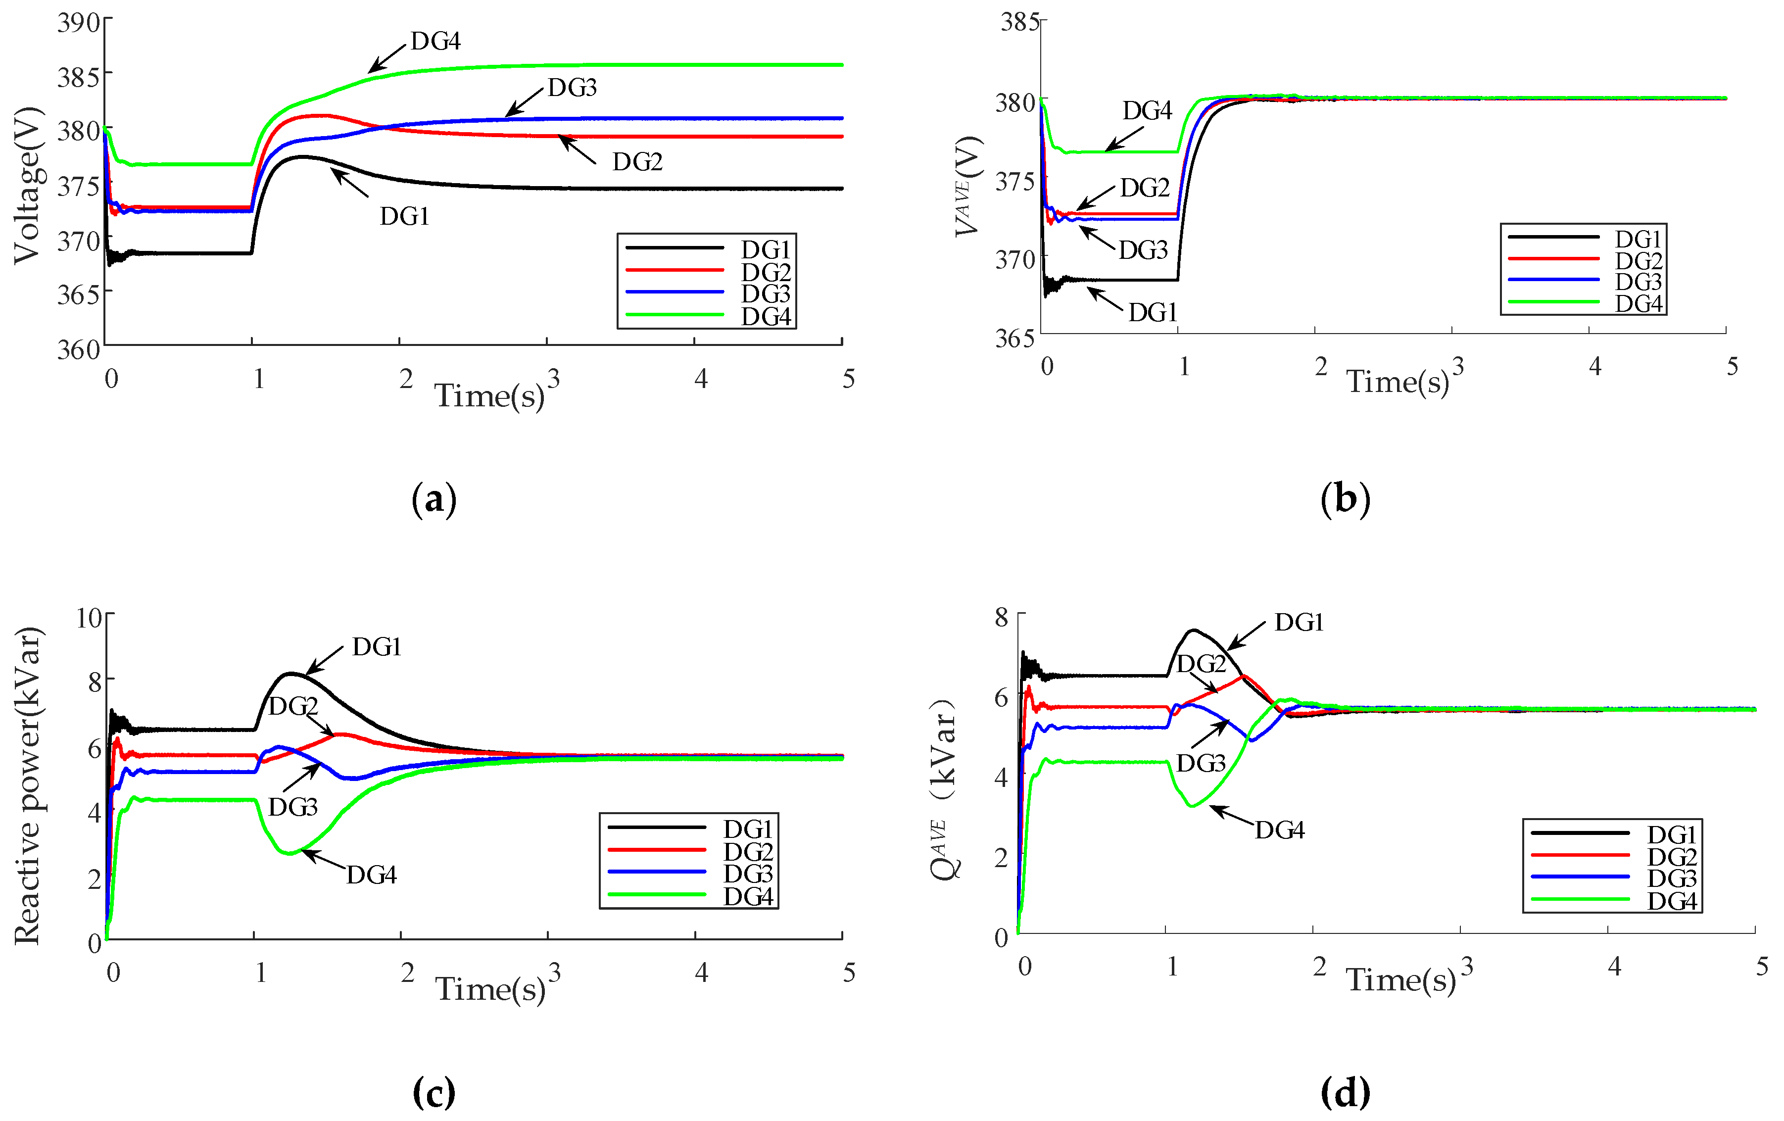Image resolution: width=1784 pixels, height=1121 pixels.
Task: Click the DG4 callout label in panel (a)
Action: pyautogui.click(x=435, y=42)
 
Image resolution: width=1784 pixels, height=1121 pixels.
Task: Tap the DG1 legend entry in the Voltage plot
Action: pyautogui.click(x=766, y=249)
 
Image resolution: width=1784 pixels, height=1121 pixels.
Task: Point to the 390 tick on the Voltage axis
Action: pyautogui.click(x=79, y=23)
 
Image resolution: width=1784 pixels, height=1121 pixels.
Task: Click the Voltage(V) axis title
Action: pyautogui.click(x=28, y=185)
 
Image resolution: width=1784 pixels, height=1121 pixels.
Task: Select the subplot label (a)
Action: pyautogui.click(x=434, y=499)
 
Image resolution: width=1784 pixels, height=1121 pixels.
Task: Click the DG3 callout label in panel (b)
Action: pyautogui.click(x=1143, y=250)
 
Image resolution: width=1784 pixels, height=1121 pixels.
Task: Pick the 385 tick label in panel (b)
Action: pyautogui.click(x=1020, y=22)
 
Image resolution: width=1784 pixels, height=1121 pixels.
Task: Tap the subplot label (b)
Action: pyautogui.click(x=1346, y=499)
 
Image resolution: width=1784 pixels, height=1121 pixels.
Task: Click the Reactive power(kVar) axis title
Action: pyautogui.click(x=28, y=785)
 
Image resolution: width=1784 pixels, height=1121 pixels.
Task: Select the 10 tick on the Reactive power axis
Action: pyautogui.click(x=90, y=617)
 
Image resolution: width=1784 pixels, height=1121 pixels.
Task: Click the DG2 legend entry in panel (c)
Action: pyautogui.click(x=748, y=851)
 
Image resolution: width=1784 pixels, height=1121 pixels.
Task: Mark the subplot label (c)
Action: pyautogui.click(x=434, y=1093)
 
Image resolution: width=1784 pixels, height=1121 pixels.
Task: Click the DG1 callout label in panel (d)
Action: pyautogui.click(x=1299, y=623)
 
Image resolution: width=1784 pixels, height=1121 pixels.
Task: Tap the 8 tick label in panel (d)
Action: pyautogui.click(x=1002, y=617)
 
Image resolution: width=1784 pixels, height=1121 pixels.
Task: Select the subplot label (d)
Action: pyautogui.click(x=1346, y=1093)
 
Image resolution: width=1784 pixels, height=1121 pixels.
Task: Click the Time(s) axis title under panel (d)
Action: pyautogui.click(x=1400, y=980)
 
